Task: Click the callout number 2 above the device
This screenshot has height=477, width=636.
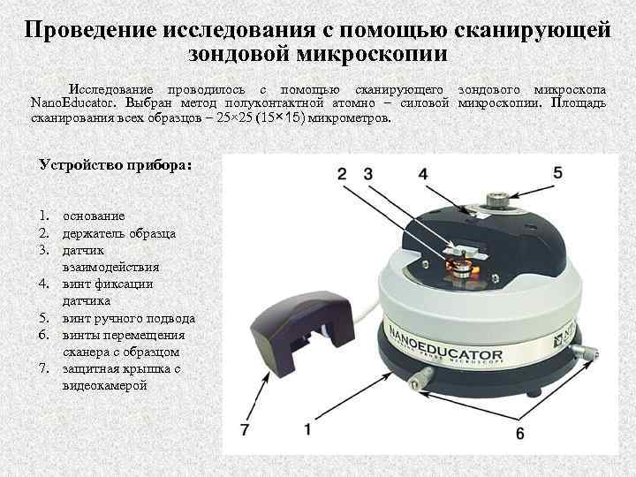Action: coord(342,174)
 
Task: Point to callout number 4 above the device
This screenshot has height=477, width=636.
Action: coord(423,174)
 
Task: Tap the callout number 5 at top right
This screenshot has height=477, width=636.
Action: coord(557,172)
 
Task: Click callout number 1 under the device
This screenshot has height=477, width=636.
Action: coord(307,429)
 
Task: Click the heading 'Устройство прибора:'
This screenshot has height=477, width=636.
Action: coord(116,164)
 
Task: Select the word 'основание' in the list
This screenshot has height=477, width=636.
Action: coord(94,216)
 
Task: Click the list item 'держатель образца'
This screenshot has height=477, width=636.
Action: coord(118,233)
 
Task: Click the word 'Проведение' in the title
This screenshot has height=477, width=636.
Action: coord(89,29)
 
